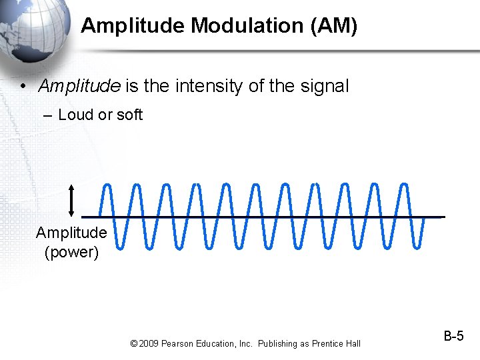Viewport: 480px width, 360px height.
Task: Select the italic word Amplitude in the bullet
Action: [x=79, y=86]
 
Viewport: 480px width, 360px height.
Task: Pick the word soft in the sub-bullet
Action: [x=129, y=115]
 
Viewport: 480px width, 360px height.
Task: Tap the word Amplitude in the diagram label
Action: [x=71, y=233]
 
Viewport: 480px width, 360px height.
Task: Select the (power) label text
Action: [x=71, y=253]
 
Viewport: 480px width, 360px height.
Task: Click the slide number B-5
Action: [x=453, y=336]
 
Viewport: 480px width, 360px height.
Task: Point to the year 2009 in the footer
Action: [x=150, y=343]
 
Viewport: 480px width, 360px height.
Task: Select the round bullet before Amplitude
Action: [x=23, y=87]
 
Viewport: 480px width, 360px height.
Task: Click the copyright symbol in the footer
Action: [x=134, y=343]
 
